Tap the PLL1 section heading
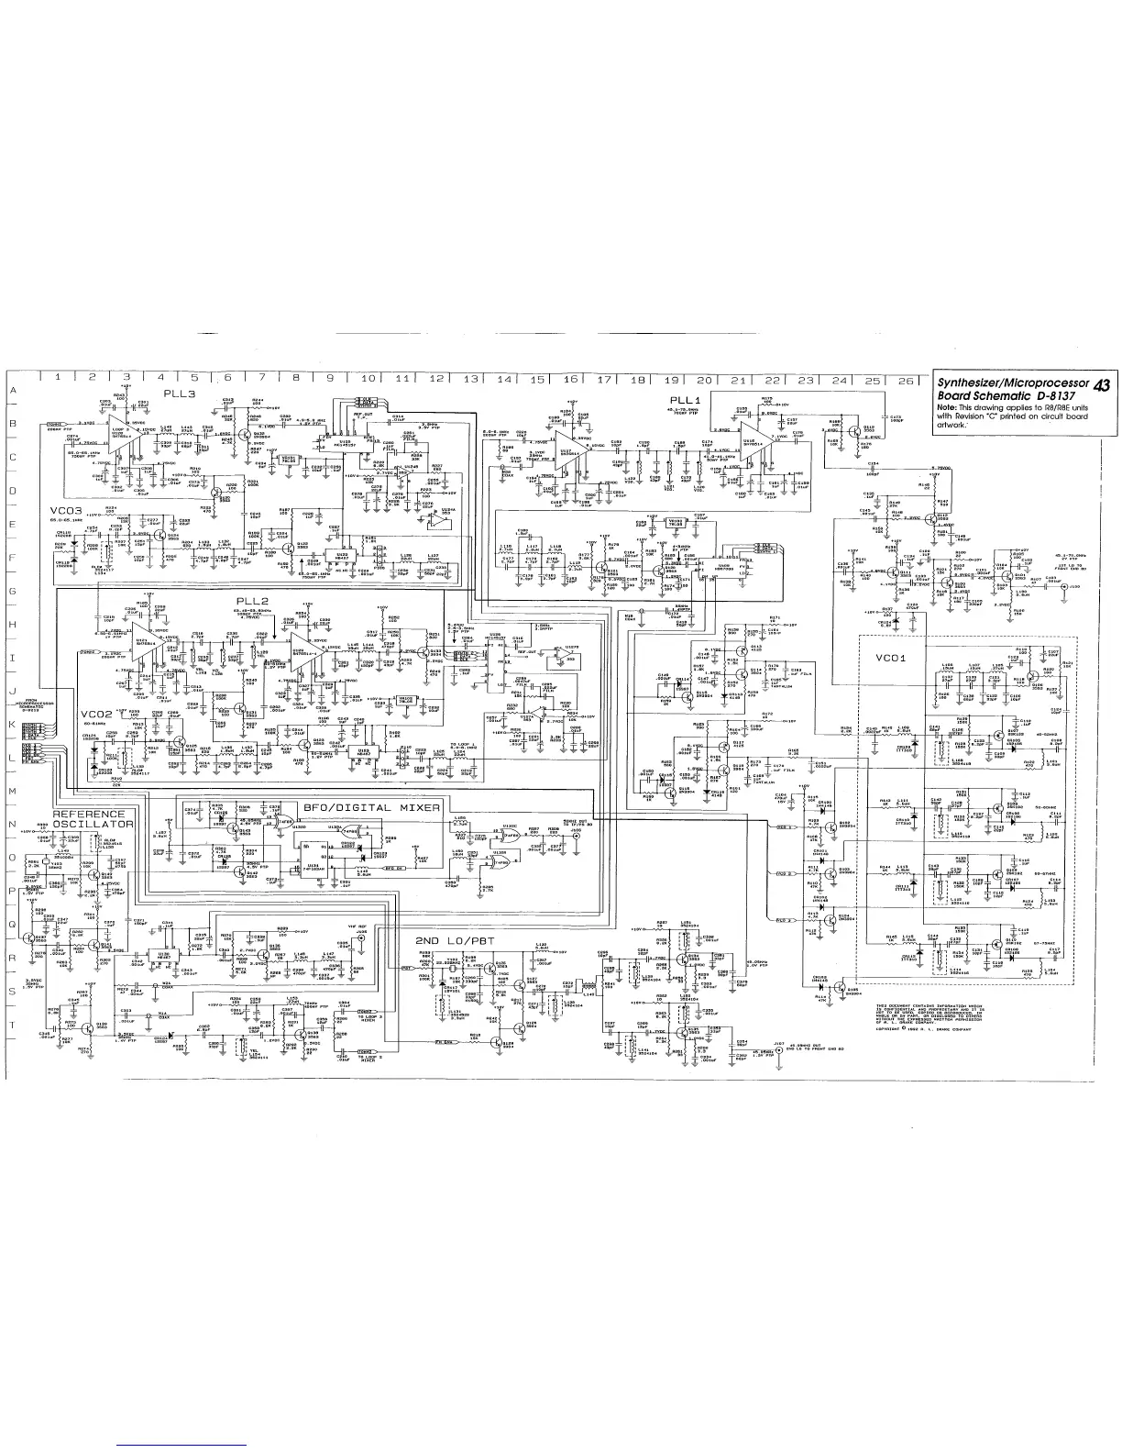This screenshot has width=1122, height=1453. point(687,399)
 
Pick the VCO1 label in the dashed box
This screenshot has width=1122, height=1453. point(892,658)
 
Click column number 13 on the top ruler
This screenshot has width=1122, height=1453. point(470,378)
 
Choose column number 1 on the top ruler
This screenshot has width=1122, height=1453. point(58,376)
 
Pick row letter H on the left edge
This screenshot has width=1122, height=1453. point(13,625)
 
